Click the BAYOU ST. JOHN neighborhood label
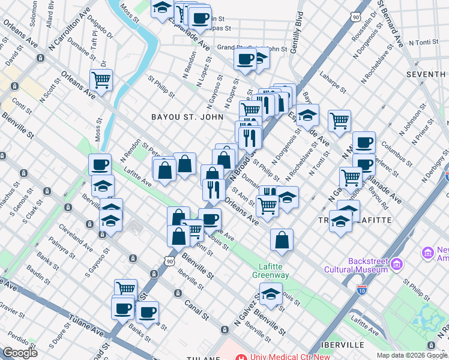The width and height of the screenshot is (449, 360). [187, 117]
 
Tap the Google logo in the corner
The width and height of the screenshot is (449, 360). [20, 353]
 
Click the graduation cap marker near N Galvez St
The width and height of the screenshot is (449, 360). [271, 294]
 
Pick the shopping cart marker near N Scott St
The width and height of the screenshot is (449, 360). [101, 79]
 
